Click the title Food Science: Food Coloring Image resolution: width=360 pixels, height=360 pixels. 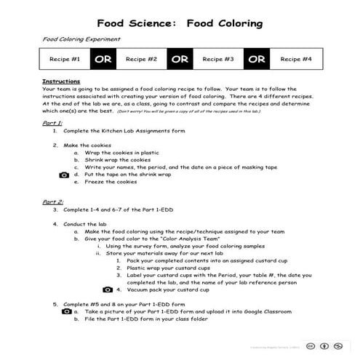point(180,22)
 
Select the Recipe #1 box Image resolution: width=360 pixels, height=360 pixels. point(64,59)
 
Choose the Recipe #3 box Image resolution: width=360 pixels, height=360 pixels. point(217,59)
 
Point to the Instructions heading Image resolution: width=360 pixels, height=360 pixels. point(61,81)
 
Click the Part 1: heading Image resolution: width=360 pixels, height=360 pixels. point(53,124)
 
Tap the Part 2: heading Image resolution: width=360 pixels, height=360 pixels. point(53,201)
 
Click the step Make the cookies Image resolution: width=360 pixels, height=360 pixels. point(85,145)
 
